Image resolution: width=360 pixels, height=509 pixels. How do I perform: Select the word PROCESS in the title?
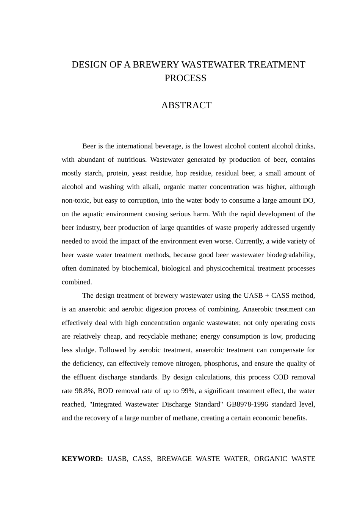click(x=185, y=78)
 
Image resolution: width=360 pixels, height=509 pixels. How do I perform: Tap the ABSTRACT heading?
click(x=186, y=106)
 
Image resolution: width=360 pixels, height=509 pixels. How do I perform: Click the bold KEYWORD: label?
click(x=82, y=459)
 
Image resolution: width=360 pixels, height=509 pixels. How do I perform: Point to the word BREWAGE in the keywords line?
click(x=174, y=459)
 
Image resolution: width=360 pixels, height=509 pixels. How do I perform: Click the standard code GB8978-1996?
click(x=247, y=404)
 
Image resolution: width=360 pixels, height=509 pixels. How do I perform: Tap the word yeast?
click(x=139, y=173)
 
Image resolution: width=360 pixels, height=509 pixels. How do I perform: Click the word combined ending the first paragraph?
click(x=77, y=282)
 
